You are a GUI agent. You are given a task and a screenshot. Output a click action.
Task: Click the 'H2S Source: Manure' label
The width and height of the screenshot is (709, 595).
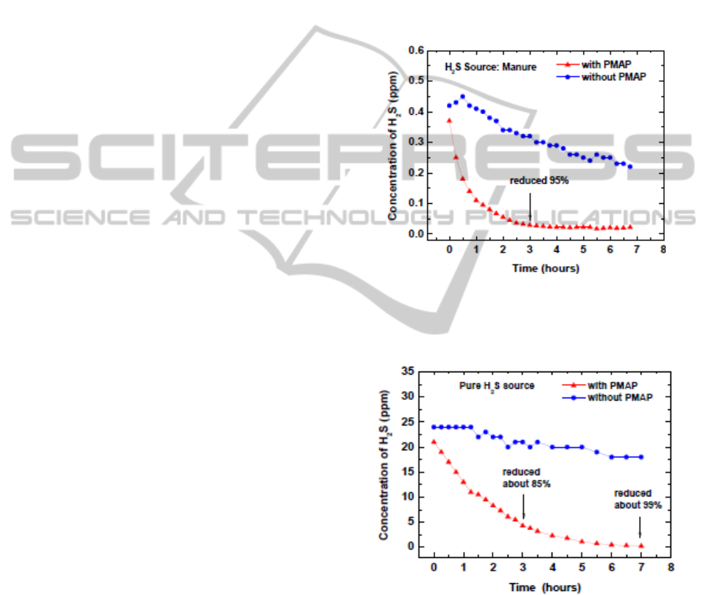pyautogui.click(x=480, y=67)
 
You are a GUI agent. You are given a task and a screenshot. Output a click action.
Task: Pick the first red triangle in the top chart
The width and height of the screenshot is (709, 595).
pyautogui.click(x=449, y=120)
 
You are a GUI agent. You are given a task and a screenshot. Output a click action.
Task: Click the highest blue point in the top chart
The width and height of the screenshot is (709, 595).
pyautogui.click(x=463, y=97)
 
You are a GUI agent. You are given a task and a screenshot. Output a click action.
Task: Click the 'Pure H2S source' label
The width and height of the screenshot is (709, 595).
pyautogui.click(x=498, y=386)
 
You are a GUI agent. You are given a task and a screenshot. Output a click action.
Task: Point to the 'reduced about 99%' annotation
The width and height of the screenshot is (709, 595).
pyautogui.click(x=638, y=499)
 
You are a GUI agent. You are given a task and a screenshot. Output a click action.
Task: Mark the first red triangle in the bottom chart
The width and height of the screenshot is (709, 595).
pyautogui.click(x=434, y=442)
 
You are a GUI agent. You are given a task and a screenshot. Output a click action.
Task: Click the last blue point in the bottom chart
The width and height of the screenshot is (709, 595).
pyautogui.click(x=641, y=456)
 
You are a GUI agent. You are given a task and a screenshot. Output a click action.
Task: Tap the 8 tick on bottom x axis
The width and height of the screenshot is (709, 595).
pyautogui.click(x=670, y=566)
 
